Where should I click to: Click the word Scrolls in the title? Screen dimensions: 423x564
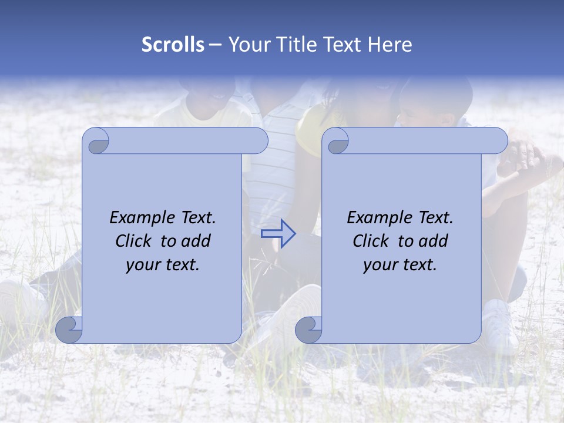(x=173, y=45)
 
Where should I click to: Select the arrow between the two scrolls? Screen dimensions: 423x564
(x=278, y=234)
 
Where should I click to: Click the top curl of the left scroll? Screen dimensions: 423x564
(x=97, y=142)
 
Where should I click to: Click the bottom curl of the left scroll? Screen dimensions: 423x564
(x=69, y=330)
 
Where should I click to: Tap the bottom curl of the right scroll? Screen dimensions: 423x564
(x=308, y=330)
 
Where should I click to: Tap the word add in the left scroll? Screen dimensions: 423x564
(x=196, y=241)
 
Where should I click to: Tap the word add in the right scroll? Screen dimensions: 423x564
(x=434, y=241)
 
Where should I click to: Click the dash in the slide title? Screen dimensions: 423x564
(x=215, y=45)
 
